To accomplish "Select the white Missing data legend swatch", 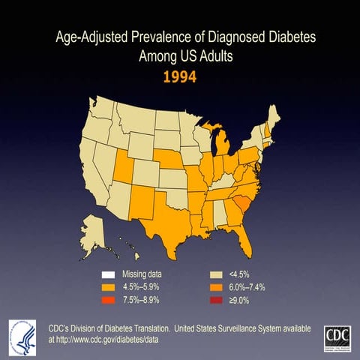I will [x=109, y=274].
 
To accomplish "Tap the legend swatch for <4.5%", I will [x=214, y=274].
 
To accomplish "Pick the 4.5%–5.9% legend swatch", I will [x=109, y=286].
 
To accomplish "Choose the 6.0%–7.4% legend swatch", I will [x=214, y=286].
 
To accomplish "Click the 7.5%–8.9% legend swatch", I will [x=109, y=299].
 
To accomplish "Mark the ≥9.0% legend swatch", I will [x=214, y=299].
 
